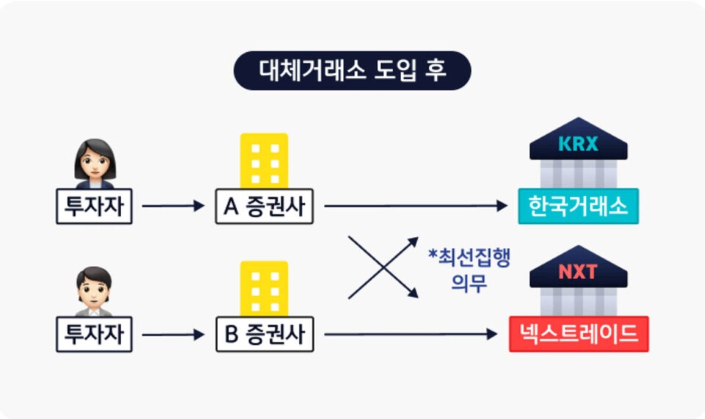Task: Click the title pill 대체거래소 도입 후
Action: [352, 70]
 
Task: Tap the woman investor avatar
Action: [95, 163]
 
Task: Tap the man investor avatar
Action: [94, 291]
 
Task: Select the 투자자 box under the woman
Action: [94, 206]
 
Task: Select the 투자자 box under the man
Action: [94, 334]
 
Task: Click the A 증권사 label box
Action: [264, 206]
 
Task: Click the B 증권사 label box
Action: [264, 334]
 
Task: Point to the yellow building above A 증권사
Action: [264, 160]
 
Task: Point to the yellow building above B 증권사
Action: [264, 288]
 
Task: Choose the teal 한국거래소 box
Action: [579, 206]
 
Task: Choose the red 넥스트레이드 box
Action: [579, 334]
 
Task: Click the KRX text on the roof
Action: [578, 144]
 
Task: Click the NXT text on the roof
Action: [578, 272]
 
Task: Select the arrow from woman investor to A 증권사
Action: [173, 206]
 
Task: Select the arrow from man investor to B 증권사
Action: [173, 335]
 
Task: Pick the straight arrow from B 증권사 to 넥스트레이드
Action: [411, 335]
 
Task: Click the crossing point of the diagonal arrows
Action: [383, 267]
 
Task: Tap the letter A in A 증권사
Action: [229, 206]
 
